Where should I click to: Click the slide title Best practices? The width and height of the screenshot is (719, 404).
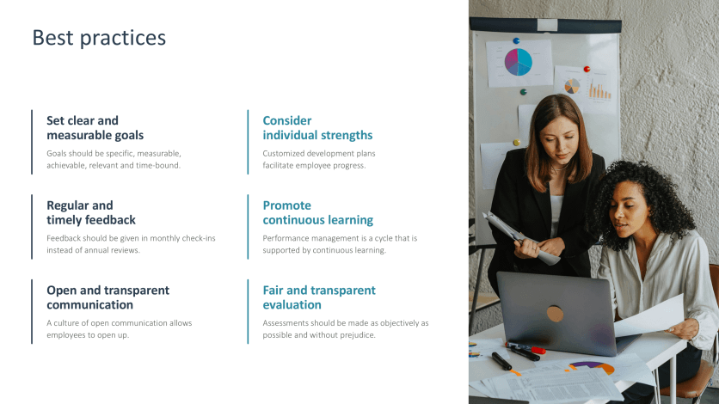[x=99, y=38]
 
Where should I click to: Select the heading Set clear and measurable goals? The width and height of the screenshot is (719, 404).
[x=95, y=128]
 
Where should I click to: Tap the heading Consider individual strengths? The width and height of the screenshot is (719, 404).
[x=317, y=128]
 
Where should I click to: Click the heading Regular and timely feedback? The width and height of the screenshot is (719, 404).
[x=90, y=213]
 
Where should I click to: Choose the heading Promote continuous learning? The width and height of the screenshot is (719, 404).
[x=317, y=213]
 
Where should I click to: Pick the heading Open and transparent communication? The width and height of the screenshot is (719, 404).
[x=108, y=297]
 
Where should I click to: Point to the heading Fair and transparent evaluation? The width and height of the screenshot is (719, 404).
[x=319, y=297]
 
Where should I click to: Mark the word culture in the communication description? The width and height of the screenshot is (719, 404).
[x=69, y=323]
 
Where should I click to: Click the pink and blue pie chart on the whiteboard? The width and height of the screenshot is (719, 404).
[x=518, y=62]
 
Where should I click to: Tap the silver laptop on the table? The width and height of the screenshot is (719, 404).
[x=555, y=311]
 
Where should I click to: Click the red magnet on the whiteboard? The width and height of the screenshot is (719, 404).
[x=587, y=69]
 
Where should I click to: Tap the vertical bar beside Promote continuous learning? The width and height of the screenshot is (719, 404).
[x=248, y=227]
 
